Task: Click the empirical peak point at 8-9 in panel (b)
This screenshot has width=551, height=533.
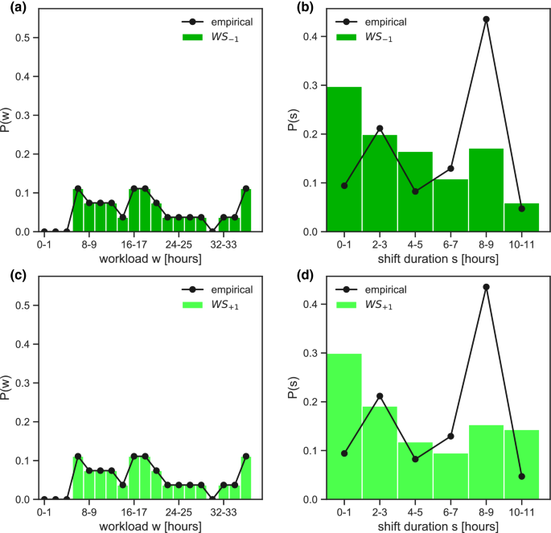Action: click(486, 18)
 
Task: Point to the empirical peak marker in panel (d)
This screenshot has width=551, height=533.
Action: click(486, 286)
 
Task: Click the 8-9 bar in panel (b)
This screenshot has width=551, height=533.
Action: click(486, 191)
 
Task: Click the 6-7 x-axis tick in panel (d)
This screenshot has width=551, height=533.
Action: click(450, 512)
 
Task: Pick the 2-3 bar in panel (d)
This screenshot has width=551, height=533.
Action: click(379, 453)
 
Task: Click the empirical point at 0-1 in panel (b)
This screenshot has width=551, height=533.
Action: click(343, 186)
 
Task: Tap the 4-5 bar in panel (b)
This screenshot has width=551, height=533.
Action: click(415, 191)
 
